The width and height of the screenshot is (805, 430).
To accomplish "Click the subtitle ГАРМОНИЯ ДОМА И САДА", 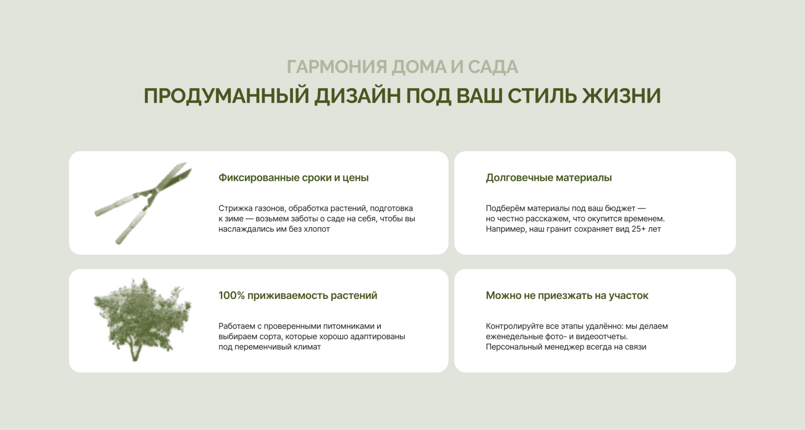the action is [402, 67].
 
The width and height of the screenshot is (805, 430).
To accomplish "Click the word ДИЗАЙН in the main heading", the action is [357, 96].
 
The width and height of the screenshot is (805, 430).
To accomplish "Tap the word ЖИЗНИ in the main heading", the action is [621, 96].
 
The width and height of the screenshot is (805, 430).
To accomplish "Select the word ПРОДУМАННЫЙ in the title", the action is [226, 96].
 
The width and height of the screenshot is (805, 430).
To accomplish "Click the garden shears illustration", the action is [143, 203].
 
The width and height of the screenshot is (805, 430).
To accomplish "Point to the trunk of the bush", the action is [135, 352].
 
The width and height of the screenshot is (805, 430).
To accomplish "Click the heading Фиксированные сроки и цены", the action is [294, 177].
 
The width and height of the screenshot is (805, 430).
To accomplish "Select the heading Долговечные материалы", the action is [549, 177].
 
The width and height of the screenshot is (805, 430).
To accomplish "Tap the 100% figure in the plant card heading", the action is [231, 295].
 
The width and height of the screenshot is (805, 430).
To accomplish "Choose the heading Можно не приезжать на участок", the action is [567, 295].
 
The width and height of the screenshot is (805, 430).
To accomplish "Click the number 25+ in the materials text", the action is [639, 229].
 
